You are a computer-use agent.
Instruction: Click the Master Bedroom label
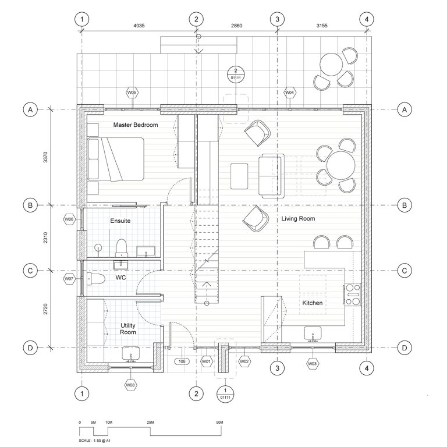click(135, 125)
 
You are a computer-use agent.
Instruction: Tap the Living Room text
click(298, 219)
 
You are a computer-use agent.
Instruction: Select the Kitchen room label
click(312, 303)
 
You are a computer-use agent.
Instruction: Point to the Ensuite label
click(120, 221)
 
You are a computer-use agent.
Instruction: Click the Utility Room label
click(128, 328)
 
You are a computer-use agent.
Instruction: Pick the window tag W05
click(132, 93)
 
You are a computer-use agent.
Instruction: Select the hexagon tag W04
click(289, 93)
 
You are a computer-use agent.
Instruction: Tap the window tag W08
click(130, 385)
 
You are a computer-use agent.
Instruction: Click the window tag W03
click(313, 363)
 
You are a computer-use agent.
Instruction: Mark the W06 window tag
click(69, 219)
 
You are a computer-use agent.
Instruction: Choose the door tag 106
click(182, 361)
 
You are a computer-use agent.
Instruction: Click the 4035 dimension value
click(139, 26)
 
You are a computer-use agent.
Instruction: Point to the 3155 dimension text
click(321, 26)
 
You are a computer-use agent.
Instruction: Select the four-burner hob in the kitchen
click(353, 294)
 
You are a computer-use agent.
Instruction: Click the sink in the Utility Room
click(130, 353)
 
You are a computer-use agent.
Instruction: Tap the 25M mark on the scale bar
click(150, 422)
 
